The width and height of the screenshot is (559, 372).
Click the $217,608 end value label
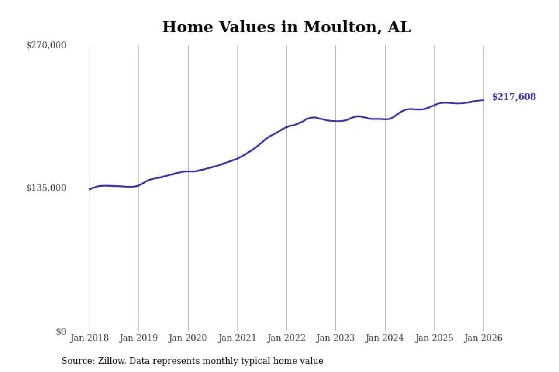click(514, 97)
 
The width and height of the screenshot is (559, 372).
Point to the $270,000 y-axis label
click(46, 45)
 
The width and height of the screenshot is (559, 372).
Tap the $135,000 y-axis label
click(46, 188)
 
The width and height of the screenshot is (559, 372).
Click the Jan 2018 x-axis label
click(90, 338)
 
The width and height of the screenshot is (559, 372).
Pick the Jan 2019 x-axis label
click(139, 338)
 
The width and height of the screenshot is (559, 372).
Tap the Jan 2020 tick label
click(188, 338)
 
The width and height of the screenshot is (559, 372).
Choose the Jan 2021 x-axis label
click(238, 338)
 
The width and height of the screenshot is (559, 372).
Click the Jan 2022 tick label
click(286, 338)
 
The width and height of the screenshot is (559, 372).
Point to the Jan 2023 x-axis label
click(336, 338)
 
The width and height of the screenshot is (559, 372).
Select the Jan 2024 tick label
click(385, 338)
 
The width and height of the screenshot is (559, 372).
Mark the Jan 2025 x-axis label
click(435, 338)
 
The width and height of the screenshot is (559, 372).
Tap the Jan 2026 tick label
click(483, 338)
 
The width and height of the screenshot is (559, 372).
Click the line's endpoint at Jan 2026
click(483, 100)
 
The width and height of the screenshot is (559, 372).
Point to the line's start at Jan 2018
click(90, 189)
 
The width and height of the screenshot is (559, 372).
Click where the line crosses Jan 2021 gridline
click(238, 158)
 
